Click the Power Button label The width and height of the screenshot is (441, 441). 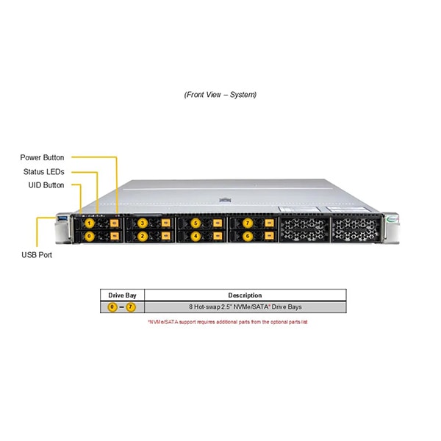42,157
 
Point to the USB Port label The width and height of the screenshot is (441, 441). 37,255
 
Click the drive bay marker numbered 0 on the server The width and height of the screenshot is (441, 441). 90,236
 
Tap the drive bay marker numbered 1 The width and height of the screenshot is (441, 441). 90,222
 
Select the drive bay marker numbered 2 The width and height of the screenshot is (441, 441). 143,236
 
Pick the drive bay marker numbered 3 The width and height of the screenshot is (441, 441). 143,222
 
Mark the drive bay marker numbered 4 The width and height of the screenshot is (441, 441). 195,236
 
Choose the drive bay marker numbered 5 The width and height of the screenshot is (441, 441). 195,222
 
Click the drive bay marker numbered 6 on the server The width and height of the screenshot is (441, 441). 248,236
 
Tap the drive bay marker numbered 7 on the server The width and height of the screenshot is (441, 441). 248,222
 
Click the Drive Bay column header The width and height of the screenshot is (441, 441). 122,295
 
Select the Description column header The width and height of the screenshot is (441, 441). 245,295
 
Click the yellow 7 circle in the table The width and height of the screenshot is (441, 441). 132,306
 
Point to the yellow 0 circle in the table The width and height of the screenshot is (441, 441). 112,306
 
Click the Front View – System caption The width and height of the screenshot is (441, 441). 220,95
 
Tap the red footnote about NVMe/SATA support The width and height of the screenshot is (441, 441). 227,322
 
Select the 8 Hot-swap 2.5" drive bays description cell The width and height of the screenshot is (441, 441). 245,306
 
